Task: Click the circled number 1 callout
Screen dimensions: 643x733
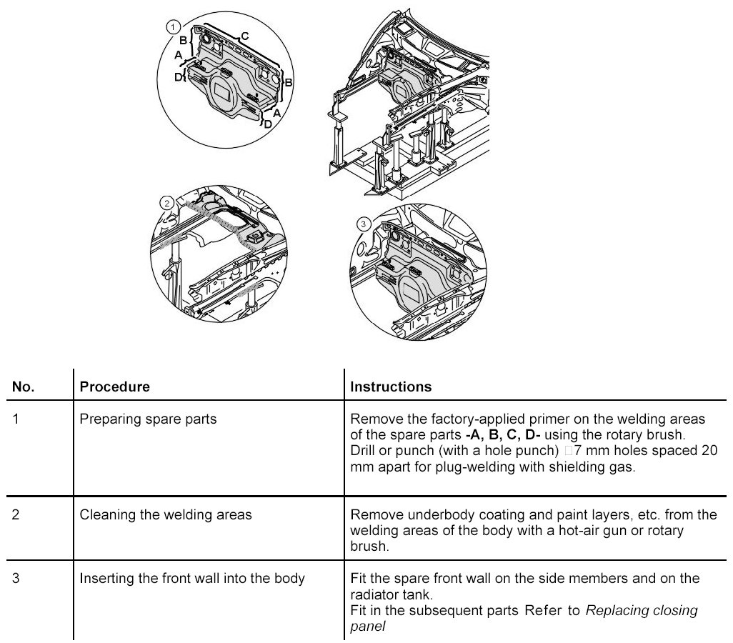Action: pyautogui.click(x=171, y=27)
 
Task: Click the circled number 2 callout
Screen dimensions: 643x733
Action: pyautogui.click(x=167, y=203)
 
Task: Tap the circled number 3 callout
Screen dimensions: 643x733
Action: pyautogui.click(x=363, y=224)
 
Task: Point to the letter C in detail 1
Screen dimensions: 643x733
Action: pyautogui.click(x=244, y=35)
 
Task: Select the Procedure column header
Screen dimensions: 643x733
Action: pyautogui.click(x=114, y=387)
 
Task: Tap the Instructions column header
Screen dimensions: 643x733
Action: pyautogui.click(x=391, y=387)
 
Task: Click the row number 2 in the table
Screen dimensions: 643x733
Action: pyautogui.click(x=16, y=514)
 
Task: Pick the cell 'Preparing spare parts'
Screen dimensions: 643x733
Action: pyautogui.click(x=148, y=419)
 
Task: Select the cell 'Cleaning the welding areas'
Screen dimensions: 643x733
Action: pyautogui.click(x=166, y=514)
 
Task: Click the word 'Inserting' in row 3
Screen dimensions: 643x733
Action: pyautogui.click(x=106, y=578)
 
